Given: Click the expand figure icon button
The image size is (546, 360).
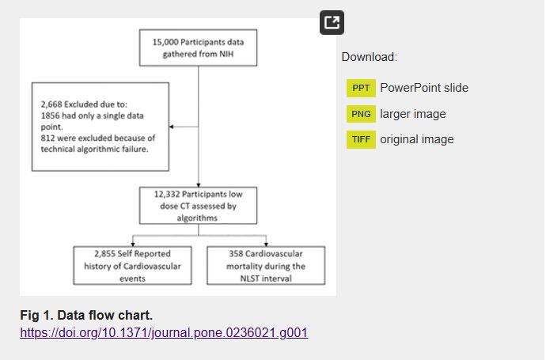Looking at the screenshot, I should coord(332,23).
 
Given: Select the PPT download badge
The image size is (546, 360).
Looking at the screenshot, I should coord(361,88).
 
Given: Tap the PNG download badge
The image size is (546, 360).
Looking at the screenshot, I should coord(361,114).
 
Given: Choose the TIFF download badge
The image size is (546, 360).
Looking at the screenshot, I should coord(361,140).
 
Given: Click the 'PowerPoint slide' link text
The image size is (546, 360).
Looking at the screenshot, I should coord(424,88).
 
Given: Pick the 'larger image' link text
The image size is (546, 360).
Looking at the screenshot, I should coord(413,114).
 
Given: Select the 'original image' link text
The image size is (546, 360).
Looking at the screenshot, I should coord(417,140).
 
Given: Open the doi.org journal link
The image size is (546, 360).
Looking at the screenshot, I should coord(164,332).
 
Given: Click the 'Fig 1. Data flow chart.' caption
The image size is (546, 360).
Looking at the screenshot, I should coord(86,316).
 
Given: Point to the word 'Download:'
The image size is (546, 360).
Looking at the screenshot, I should coord(370,57).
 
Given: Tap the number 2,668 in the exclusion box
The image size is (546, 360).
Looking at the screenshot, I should coord(53,104).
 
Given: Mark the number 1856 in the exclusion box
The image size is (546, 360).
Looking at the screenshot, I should coord(51,116).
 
